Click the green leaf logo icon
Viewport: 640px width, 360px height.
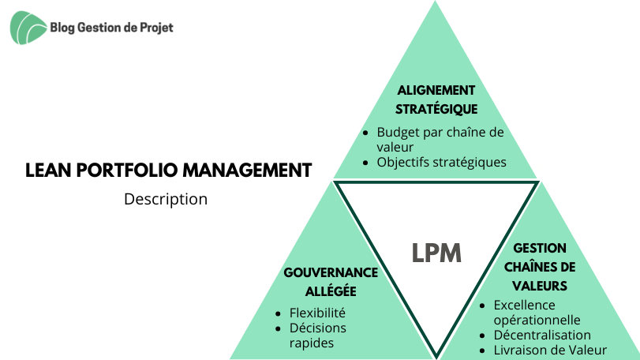click(28, 28)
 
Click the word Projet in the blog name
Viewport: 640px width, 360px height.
click(157, 28)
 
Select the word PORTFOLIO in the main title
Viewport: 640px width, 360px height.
click(127, 171)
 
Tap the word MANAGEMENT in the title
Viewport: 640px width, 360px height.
click(247, 171)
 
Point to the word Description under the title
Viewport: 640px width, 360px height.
click(166, 199)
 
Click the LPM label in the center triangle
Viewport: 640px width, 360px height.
click(436, 253)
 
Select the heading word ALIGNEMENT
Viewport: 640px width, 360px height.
click(436, 90)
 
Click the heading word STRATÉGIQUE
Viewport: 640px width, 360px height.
click(436, 109)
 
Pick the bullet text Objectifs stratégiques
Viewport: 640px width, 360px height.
click(441, 163)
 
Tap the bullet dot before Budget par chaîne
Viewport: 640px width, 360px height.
click(365, 133)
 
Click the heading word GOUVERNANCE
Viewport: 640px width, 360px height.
click(331, 272)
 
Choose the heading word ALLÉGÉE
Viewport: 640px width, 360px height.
click(331, 291)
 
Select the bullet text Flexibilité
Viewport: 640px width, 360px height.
click(317, 313)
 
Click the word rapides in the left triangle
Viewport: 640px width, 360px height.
click(312, 343)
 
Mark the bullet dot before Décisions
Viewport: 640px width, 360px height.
click(278, 328)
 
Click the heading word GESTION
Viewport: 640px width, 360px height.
click(540, 248)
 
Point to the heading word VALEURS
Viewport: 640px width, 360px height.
click(540, 286)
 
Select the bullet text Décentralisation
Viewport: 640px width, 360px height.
click(542, 335)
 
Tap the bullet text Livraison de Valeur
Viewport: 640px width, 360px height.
click(550, 351)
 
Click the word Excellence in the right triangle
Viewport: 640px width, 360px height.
click(525, 305)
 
